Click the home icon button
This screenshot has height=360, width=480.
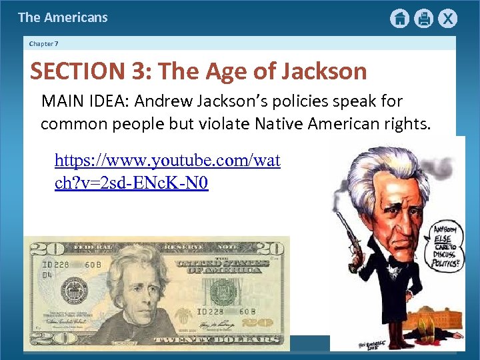[399, 19]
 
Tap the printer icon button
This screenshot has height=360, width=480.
[423, 19]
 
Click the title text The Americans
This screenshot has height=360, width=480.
[63, 17]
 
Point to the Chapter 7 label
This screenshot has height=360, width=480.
[44, 44]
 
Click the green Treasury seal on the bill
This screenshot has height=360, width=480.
[223, 290]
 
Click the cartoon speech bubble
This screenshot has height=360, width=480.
[444, 245]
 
